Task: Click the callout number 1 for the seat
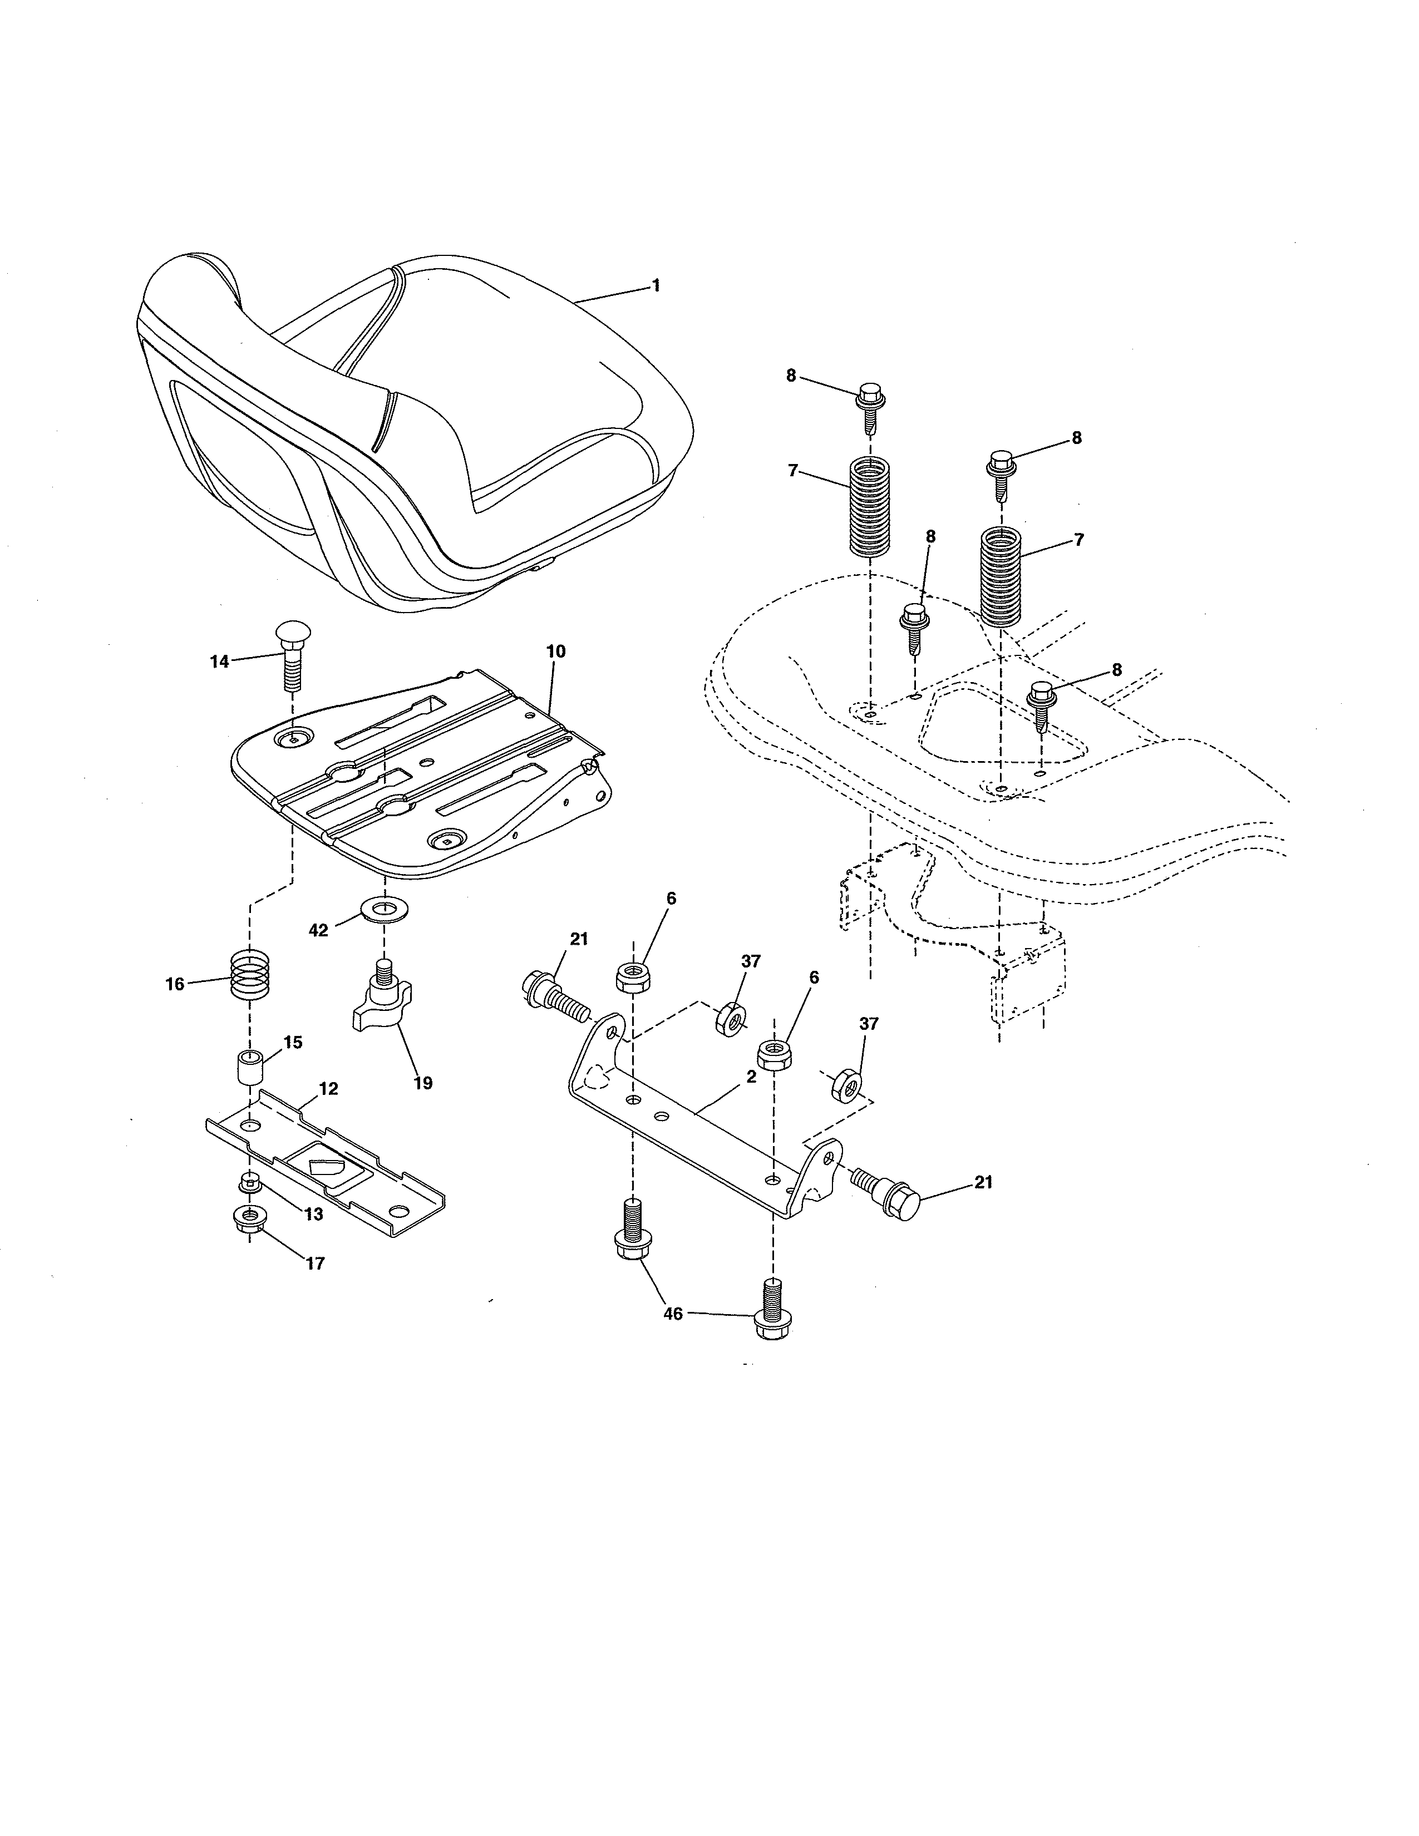pos(656,286)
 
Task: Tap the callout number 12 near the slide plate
pos(329,1089)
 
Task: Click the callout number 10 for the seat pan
pos(556,652)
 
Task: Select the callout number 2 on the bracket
pos(751,1076)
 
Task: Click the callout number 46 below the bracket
pos(673,1313)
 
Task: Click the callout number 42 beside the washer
pos(319,931)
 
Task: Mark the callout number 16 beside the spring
pos(175,984)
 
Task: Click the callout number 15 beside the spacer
pos(293,1043)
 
